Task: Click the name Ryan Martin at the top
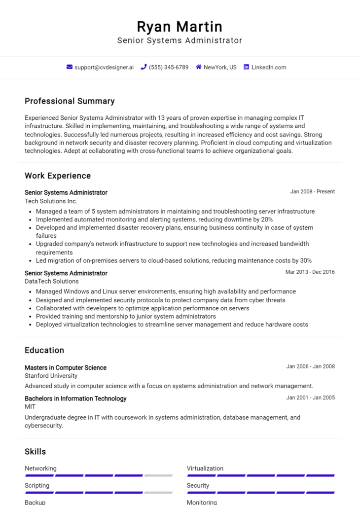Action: click(180, 26)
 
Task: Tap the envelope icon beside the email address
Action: click(70, 67)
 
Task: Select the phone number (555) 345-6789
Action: click(169, 67)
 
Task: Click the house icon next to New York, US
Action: click(199, 67)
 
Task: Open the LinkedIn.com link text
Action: click(269, 67)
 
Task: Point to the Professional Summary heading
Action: click(70, 101)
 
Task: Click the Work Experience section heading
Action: click(58, 176)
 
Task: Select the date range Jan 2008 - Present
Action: click(312, 192)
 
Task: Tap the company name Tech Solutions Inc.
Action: click(51, 201)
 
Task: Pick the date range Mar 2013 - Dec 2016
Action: click(310, 272)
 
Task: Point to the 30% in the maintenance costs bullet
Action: click(306, 260)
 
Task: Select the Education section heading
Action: click(44, 350)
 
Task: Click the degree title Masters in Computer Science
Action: click(66, 368)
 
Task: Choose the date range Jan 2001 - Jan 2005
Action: click(310, 397)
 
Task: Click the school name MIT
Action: click(30, 407)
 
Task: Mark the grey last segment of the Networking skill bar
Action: click(158, 475)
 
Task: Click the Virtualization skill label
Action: click(205, 469)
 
